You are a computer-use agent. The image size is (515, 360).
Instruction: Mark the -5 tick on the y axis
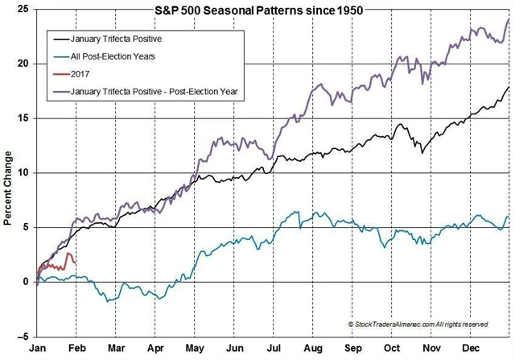click(x=23, y=337)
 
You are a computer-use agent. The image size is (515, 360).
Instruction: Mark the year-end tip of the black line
click(x=508, y=87)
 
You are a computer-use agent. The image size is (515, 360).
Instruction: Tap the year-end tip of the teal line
click(x=508, y=216)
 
